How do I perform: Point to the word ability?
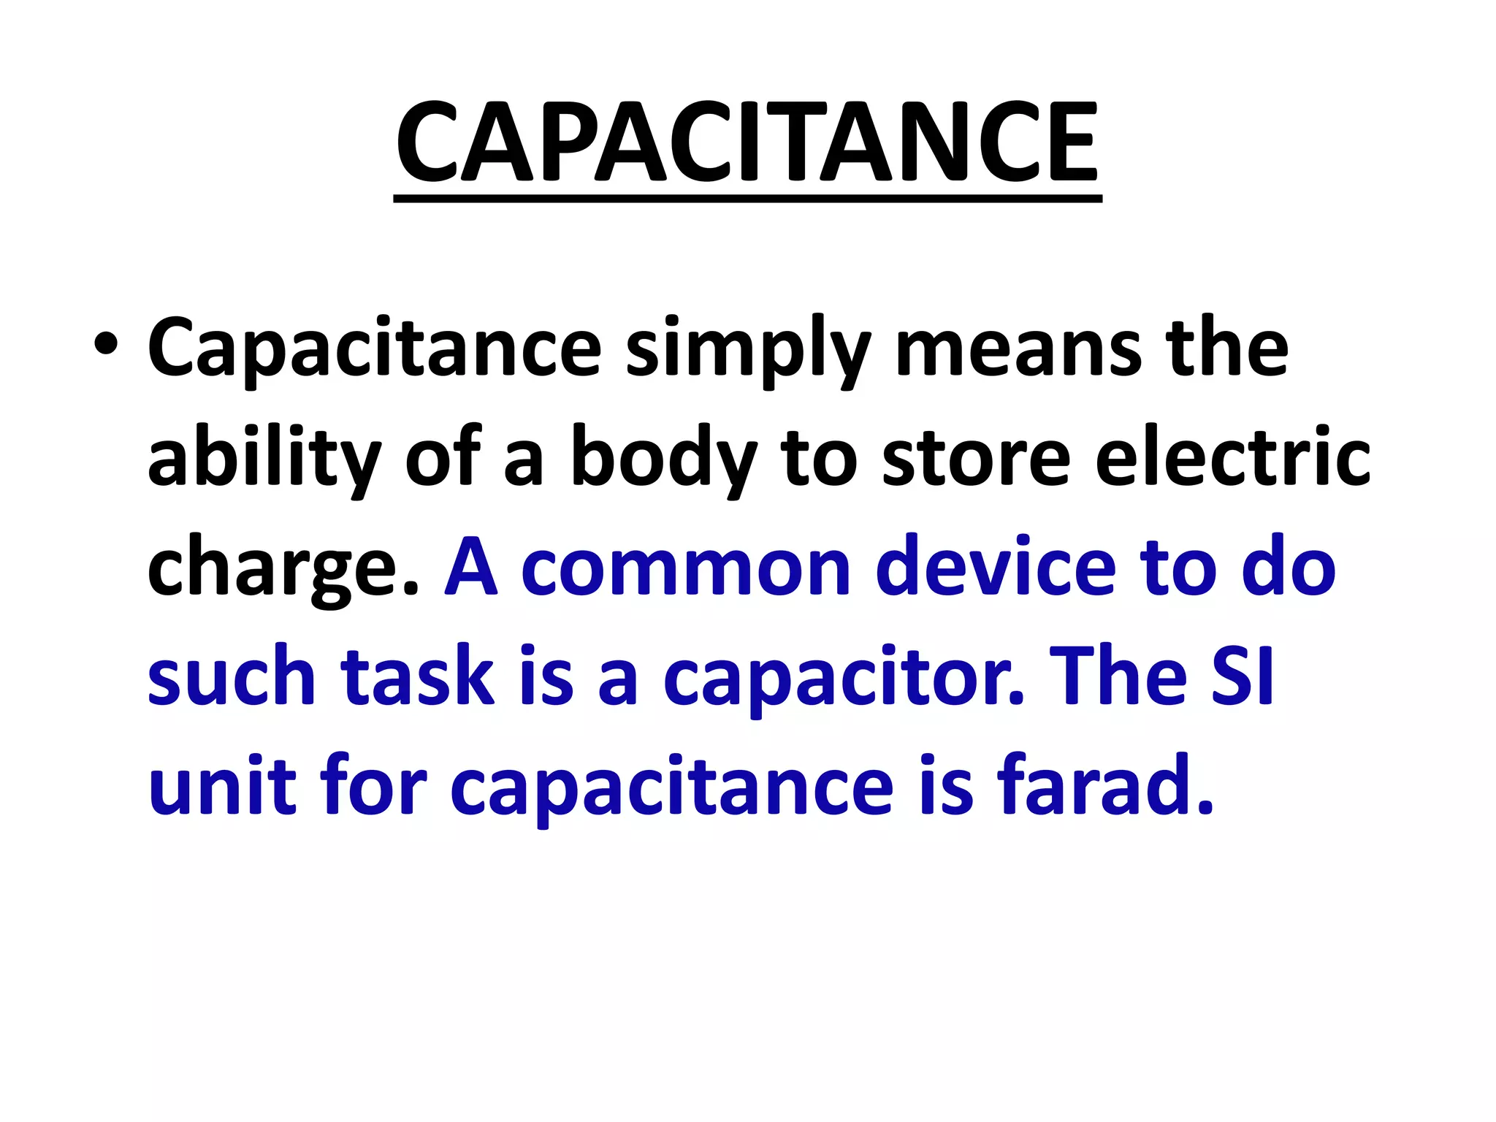264,459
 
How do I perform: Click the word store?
976,459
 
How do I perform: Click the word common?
686,568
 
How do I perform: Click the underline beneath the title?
747,198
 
